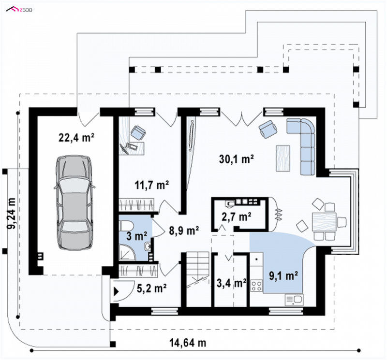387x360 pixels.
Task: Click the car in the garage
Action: pyautogui.click(x=74, y=202)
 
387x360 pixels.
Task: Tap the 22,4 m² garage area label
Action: pyautogui.click(x=76, y=137)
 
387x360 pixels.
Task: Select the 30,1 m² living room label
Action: pyautogui.click(x=236, y=159)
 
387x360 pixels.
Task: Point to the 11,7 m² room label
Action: pyautogui.click(x=152, y=185)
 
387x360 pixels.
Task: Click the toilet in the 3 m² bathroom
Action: pyautogui.click(x=126, y=225)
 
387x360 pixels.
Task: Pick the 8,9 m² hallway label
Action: pyautogui.click(x=184, y=230)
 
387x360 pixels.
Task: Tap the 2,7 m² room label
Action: pyautogui.click(x=237, y=217)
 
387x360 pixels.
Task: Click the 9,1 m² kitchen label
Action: pyautogui.click(x=283, y=275)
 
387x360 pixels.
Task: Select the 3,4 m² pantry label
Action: pyautogui.click(x=232, y=283)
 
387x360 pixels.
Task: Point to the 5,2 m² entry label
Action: pyautogui.click(x=151, y=288)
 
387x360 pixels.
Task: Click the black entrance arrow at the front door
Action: pyautogui.click(x=116, y=291)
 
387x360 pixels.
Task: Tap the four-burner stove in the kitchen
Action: pyautogui.click(x=256, y=286)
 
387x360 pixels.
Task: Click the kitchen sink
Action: pyautogui.click(x=294, y=300)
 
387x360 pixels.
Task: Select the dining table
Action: pyautogui.click(x=324, y=221)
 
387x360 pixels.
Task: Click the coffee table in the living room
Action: pyautogui.click(x=283, y=158)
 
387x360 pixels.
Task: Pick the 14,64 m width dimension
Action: pyautogui.click(x=188, y=343)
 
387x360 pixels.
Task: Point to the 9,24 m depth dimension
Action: pyautogui.click(x=11, y=213)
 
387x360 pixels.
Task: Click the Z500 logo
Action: pyautogui.click(x=19, y=10)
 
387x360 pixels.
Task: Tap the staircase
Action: pyautogui.click(x=197, y=279)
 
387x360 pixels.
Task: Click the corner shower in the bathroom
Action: pyautogui.click(x=127, y=252)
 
